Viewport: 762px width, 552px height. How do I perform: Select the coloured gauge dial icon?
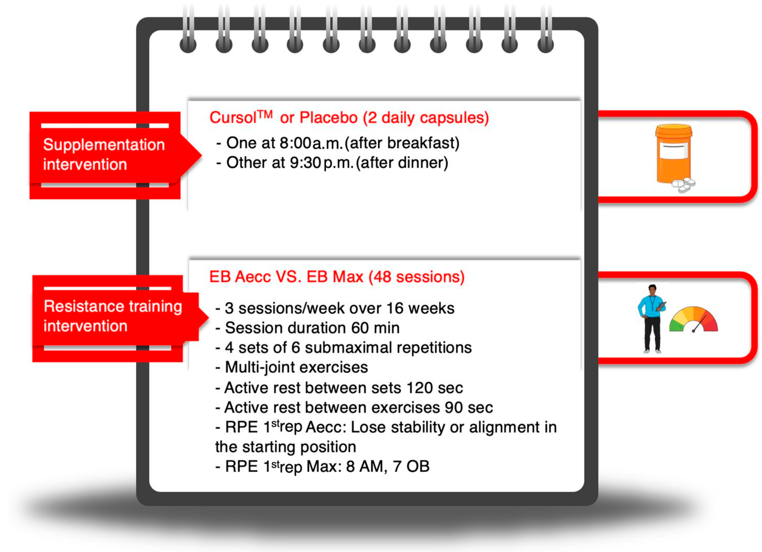pyautogui.click(x=693, y=320)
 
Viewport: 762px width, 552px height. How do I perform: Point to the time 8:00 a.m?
pyautogui.click(x=311, y=143)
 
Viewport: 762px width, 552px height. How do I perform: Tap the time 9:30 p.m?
pyautogui.click(x=321, y=163)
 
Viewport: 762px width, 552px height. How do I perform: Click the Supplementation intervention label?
pyautogui.click(x=103, y=155)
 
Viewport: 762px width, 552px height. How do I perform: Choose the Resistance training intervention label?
pyautogui.click(x=113, y=316)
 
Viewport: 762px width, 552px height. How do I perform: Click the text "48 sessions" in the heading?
pyautogui.click(x=416, y=277)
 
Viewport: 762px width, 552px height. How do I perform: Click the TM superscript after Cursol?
pyautogui.click(x=265, y=114)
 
